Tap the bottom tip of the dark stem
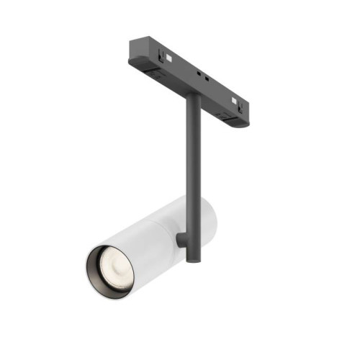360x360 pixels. point(190,258)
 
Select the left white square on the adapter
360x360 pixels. point(166,56)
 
